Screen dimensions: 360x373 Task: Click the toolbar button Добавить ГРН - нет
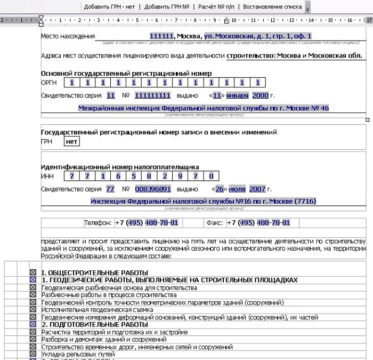(110, 7)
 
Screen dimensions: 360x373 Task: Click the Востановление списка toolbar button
(272, 7)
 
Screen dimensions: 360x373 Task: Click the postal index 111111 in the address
(161, 36)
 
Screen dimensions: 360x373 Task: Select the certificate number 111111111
(152, 95)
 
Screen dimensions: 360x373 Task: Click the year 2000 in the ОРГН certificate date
(260, 95)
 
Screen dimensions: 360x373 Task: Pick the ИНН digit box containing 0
(211, 175)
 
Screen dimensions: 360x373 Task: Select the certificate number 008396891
(152, 189)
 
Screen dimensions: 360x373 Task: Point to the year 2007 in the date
(257, 189)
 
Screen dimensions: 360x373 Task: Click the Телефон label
(98, 222)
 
